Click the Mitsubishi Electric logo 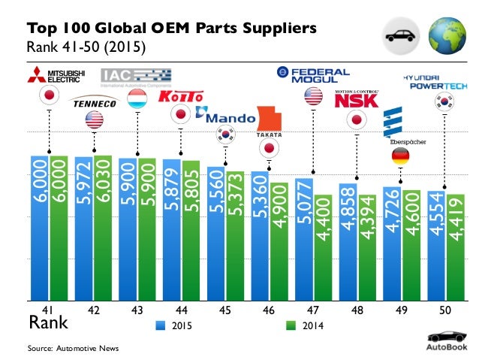[52, 74]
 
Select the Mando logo [223, 116]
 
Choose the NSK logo [355, 98]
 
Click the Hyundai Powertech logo [438, 81]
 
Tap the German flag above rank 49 [401, 157]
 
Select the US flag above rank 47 [313, 96]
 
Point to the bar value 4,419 [455, 218]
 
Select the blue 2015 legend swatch [161, 325]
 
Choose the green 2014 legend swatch [291, 325]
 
